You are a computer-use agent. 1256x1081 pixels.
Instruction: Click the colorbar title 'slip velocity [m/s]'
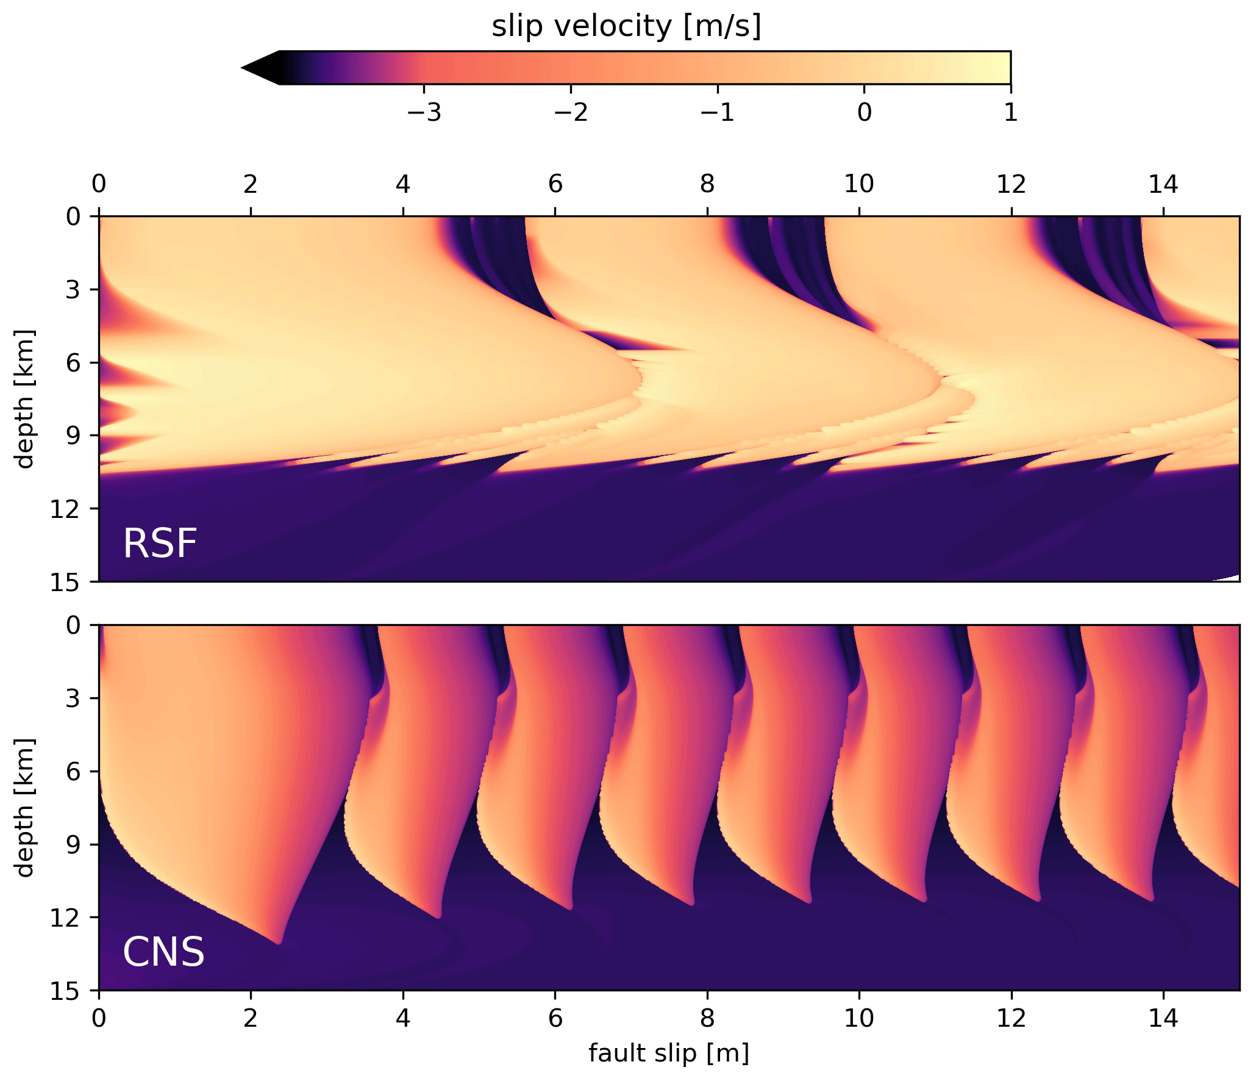[626, 26]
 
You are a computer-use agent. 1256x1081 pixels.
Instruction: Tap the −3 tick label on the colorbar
[424, 112]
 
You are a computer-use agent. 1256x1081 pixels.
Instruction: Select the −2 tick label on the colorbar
[571, 112]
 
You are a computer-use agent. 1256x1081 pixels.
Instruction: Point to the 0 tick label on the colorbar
[864, 112]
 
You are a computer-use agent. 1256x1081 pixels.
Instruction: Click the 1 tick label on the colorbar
[1010, 112]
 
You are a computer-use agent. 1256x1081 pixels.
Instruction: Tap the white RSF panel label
[160, 544]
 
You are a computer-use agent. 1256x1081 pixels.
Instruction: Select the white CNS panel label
[163, 952]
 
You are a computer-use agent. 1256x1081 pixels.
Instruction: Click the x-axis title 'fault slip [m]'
[668, 1052]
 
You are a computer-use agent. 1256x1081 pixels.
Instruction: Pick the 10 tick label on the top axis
[858, 184]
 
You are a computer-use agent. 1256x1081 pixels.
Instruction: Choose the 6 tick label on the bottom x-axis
[555, 1018]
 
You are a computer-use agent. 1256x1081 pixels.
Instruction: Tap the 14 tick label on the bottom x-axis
[1163, 1018]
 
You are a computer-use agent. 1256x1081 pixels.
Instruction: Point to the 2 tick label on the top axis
[250, 184]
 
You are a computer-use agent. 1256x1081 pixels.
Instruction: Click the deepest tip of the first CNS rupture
[279, 943]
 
